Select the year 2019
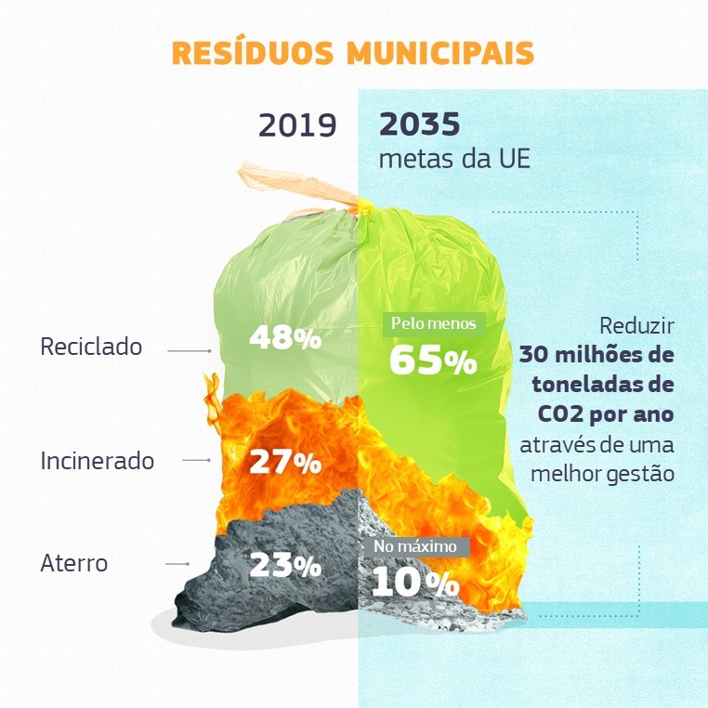(x=297, y=125)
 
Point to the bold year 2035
(x=420, y=125)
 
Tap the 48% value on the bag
(x=284, y=337)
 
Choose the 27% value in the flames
(x=284, y=462)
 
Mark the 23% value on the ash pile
(x=284, y=564)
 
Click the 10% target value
(x=414, y=583)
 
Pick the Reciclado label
(x=91, y=347)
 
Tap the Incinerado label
(x=97, y=460)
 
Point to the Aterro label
(x=74, y=563)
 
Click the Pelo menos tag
(x=433, y=324)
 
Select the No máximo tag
(x=415, y=546)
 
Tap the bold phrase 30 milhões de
(x=597, y=355)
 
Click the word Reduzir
(x=636, y=327)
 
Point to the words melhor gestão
(x=602, y=473)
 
